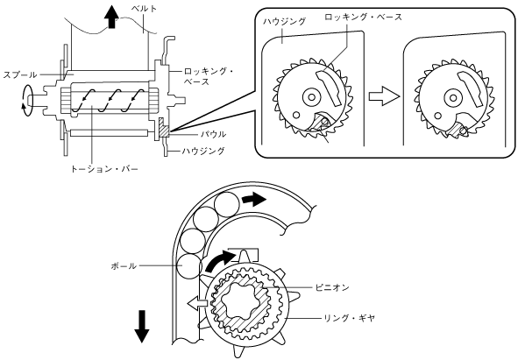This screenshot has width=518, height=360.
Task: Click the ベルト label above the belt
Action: (x=144, y=9)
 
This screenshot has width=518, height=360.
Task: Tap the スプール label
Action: (x=20, y=75)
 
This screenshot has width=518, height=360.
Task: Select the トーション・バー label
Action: (x=104, y=169)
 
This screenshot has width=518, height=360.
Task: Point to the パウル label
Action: (x=214, y=134)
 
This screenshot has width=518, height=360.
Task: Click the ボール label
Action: (x=124, y=266)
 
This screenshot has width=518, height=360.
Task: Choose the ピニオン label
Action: (x=332, y=287)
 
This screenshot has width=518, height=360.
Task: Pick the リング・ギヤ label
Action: (x=349, y=318)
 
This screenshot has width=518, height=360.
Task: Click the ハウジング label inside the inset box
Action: (x=285, y=22)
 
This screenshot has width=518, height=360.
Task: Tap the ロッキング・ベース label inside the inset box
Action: (x=363, y=17)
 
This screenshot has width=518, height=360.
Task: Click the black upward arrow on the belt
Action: (x=111, y=17)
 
